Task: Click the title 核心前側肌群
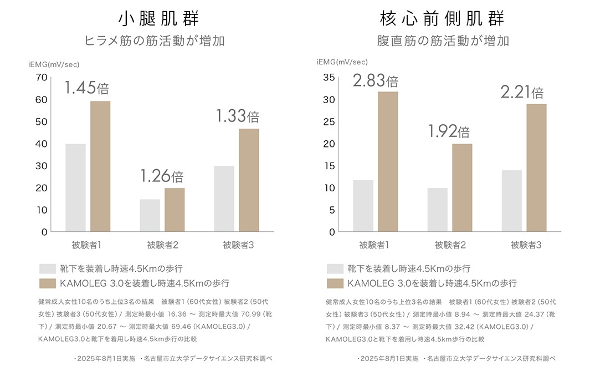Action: coord(442,18)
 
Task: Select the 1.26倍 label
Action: coord(161,176)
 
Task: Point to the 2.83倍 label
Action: coord(375,81)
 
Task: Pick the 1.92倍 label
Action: coord(449,131)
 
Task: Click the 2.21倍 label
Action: coord(522,92)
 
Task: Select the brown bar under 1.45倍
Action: coord(100,166)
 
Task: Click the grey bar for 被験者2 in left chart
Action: coord(150,215)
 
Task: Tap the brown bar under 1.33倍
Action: coord(249,180)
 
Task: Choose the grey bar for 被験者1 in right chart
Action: coord(363,206)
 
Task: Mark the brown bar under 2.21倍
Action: coord(536,167)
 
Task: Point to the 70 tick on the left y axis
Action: coord(41,77)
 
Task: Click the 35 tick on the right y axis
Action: coord(329,77)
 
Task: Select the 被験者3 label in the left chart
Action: coord(238,245)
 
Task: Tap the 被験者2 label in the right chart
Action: coord(450,245)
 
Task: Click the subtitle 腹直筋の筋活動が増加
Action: coord(443,41)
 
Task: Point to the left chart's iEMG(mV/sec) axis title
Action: coord(54,64)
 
